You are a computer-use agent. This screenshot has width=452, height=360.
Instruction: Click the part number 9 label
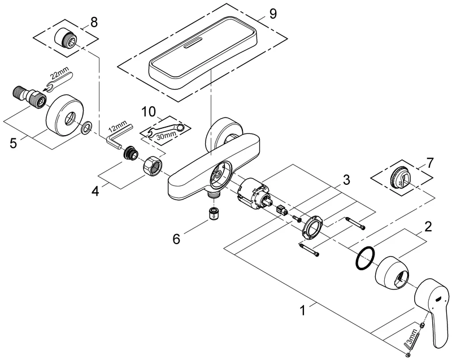[x=273, y=14]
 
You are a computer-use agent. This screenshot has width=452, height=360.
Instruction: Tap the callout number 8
[x=94, y=23]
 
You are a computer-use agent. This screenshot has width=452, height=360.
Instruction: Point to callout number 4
[x=95, y=191]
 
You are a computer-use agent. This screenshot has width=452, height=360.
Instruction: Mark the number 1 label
[x=304, y=310]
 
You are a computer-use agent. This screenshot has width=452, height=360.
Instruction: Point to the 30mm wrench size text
[x=166, y=137]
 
